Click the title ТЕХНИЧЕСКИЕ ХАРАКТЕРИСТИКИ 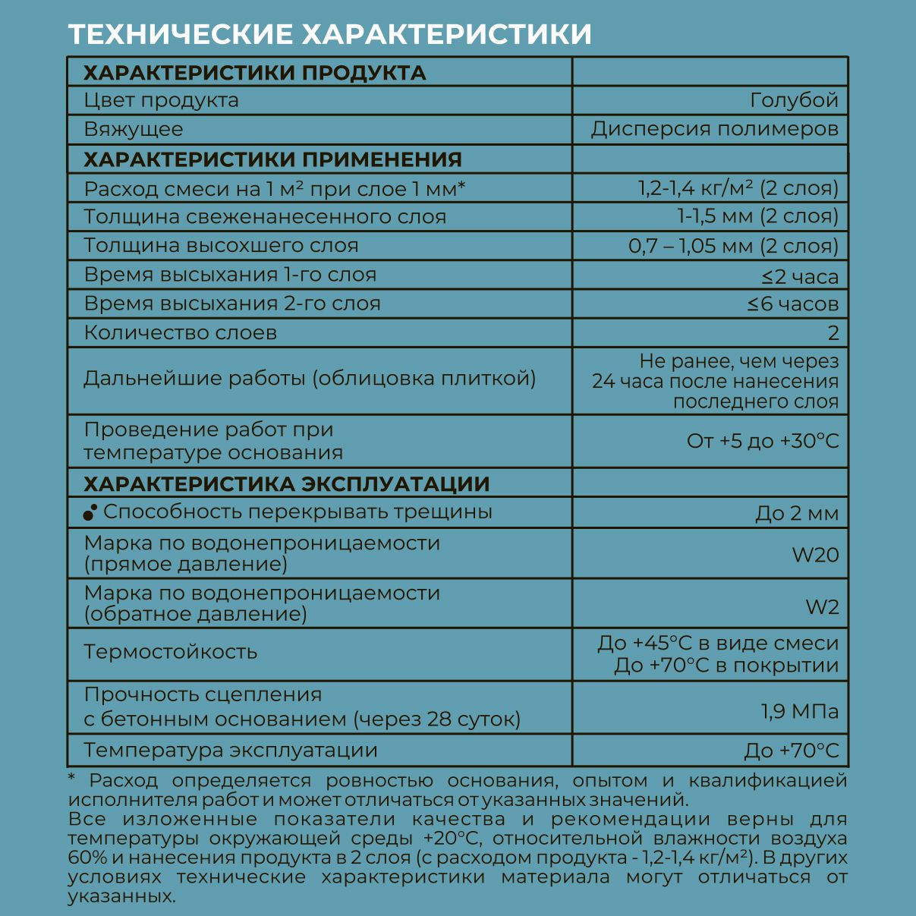tap(329, 35)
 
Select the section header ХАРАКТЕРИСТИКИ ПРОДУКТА tap(254, 73)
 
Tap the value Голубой tap(794, 100)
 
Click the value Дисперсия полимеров tap(714, 129)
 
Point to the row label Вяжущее tap(134, 129)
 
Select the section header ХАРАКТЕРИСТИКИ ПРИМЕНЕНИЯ tap(272, 159)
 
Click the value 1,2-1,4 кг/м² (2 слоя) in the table tap(738, 188)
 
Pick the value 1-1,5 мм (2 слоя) tap(757, 217)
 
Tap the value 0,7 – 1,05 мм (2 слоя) tap(733, 246)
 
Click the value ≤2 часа tap(800, 276)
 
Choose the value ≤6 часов tap(792, 304)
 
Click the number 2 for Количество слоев tap(833, 333)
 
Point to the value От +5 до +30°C tap(763, 441)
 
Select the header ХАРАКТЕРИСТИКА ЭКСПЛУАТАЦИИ tap(286, 483)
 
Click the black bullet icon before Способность tap(90, 513)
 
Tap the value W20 tap(815, 555)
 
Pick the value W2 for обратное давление tap(822, 607)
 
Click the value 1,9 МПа tap(800, 712)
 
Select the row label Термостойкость tap(171, 652)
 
